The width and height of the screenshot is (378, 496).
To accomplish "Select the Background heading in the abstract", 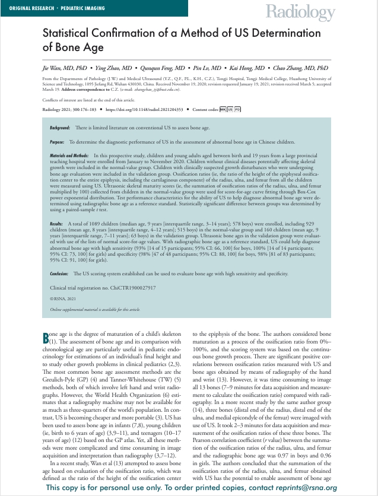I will (x=60, y=128).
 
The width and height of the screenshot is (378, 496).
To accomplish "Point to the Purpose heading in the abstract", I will (x=58, y=142).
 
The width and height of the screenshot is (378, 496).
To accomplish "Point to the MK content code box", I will (x=223, y=110).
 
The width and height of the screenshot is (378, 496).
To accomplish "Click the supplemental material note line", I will (x=94, y=310).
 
